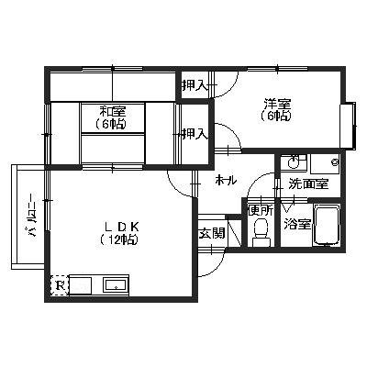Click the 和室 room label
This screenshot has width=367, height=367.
click(110, 110)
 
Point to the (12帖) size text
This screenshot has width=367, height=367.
click(118, 239)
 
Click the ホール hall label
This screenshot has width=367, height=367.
click(226, 181)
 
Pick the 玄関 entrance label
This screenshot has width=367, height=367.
click(212, 233)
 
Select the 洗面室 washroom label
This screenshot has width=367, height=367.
click(309, 184)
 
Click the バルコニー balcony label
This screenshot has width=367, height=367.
click(32, 216)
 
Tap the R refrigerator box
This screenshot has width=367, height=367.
click(60, 285)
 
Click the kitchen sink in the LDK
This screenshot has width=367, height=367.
click(116, 285)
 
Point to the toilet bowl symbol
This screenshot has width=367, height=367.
click(261, 232)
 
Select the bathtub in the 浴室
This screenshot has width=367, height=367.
click(327, 224)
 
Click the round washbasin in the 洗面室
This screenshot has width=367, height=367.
click(292, 161)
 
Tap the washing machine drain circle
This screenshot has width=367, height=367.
click(335, 162)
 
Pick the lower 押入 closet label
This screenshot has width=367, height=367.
click(195, 133)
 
